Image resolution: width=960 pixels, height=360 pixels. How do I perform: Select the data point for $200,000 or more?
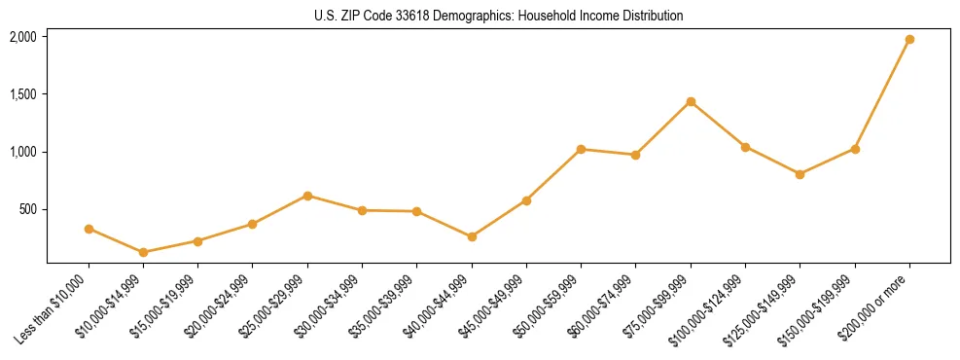pyautogui.click(x=909, y=40)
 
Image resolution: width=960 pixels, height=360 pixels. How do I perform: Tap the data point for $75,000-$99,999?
pyautogui.click(x=691, y=101)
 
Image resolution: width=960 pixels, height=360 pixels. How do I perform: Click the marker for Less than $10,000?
pyautogui.click(x=89, y=229)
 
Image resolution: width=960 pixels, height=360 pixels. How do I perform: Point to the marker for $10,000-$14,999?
pyautogui.click(x=143, y=252)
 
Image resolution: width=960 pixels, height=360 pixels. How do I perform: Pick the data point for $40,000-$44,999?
pyautogui.click(x=472, y=236)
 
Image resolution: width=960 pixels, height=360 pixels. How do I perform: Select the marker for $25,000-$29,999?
pyautogui.click(x=307, y=196)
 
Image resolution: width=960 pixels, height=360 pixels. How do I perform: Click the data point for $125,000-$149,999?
pyautogui.click(x=800, y=174)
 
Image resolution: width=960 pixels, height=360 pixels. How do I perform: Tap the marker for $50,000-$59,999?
pyautogui.click(x=581, y=149)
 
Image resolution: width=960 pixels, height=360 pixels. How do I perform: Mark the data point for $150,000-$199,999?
pyautogui.click(x=855, y=149)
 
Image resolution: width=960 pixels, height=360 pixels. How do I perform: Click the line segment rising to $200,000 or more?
pyautogui.click(x=882, y=94)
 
